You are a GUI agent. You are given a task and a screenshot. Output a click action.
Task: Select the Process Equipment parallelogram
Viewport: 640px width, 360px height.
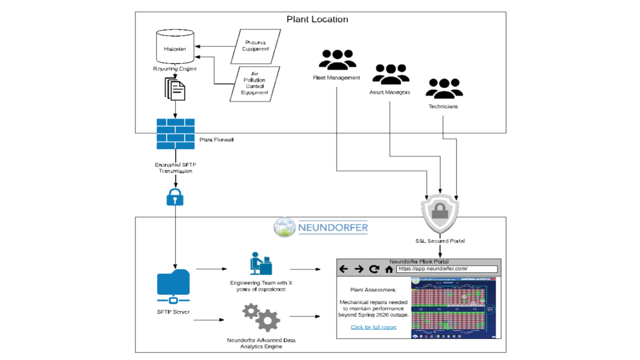pyautogui.click(x=255, y=46)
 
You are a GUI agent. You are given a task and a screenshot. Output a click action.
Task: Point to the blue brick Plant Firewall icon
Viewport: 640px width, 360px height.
pyautogui.click(x=175, y=133)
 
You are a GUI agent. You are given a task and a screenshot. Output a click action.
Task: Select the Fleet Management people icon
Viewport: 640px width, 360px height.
pyautogui.click(x=337, y=59)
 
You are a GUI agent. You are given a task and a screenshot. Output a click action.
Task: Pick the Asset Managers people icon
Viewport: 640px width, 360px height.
pyautogui.click(x=390, y=74)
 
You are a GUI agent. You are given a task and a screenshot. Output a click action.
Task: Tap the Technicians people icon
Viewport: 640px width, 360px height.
pyautogui.click(x=443, y=88)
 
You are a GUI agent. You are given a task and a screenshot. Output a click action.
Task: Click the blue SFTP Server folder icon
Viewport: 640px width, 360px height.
pyautogui.click(x=173, y=286)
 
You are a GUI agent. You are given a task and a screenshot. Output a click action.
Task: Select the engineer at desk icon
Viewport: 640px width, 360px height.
pyautogui.click(x=260, y=263)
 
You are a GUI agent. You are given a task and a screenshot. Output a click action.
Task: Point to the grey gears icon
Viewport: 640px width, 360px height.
pyautogui.click(x=260, y=317)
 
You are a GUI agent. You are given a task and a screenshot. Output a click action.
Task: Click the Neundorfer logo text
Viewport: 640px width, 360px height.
pyautogui.click(x=332, y=228)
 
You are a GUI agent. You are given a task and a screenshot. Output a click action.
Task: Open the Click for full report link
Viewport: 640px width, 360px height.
pyautogui.click(x=373, y=327)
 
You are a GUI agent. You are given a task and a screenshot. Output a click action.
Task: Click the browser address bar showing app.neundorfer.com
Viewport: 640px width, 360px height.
pyautogui.click(x=446, y=269)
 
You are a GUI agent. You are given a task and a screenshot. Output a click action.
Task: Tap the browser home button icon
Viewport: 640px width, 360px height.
pyautogui.click(x=389, y=269)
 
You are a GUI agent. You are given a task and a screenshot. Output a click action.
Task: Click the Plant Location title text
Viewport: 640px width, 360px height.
pyautogui.click(x=317, y=19)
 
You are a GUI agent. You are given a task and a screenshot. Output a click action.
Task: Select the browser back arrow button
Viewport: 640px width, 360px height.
pyautogui.click(x=343, y=269)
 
